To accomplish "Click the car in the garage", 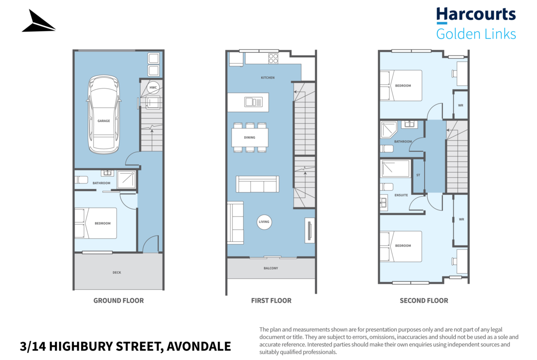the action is (103, 115).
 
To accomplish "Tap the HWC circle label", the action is (153, 87).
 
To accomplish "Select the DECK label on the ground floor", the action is (117, 272).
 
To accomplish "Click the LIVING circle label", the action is (264, 222).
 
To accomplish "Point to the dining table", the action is (250, 137).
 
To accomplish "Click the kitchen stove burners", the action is (273, 58).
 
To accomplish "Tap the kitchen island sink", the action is (253, 102).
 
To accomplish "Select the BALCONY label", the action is (271, 268).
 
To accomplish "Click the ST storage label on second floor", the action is (418, 175).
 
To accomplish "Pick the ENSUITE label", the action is (401, 195).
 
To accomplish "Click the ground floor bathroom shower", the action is (126, 179).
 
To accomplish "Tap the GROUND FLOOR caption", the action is (118, 300).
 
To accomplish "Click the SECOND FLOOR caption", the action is (424, 300).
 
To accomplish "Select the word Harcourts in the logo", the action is (475, 14).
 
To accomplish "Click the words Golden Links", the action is (475, 34).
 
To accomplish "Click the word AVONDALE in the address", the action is (199, 346).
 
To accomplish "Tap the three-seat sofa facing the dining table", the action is (257, 184).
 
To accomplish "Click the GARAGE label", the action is (104, 121).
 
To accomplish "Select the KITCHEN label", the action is (268, 78).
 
